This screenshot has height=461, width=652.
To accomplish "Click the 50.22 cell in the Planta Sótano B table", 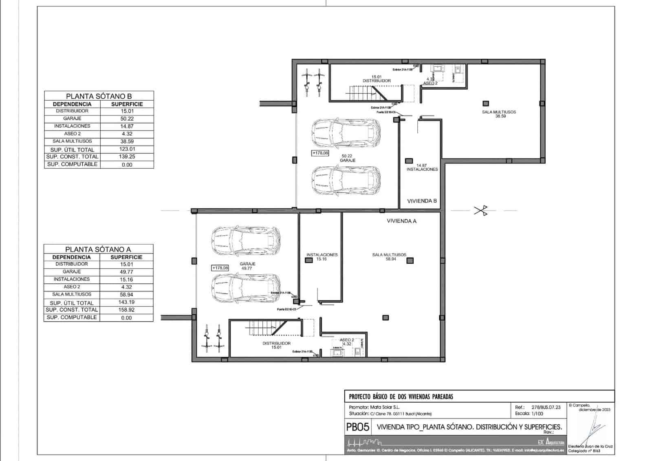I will pos(127,119).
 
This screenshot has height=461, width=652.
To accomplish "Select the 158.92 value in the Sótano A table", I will pos(126,310).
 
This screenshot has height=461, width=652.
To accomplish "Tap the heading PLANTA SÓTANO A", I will pos(98,249).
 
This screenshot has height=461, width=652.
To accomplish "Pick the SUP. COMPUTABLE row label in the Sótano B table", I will pos(72,164).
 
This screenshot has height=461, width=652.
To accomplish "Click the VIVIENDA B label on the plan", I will pos(422,201).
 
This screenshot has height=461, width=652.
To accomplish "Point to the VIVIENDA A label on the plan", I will pos(401,221).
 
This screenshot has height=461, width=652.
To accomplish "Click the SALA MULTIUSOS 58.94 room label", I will pos(389,256).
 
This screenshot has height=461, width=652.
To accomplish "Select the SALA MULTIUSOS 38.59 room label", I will pos(499,114).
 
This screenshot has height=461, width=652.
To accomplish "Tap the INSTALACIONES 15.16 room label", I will pos(322,256).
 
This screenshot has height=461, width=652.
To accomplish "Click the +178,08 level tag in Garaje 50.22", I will pos(320,153).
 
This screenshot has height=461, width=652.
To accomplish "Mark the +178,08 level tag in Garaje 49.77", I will pos(220,268).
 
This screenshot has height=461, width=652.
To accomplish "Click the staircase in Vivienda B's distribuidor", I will pos(366,93).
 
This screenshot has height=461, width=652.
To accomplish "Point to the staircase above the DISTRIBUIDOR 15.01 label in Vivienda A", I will pos(267,328).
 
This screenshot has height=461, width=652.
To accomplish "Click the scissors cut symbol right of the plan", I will pos(480,211).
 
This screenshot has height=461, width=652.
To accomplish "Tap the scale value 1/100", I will pos(537,413).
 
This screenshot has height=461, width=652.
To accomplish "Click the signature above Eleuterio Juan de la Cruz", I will pos(595,430).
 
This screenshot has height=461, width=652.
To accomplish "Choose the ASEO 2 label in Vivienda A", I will pos(347,342).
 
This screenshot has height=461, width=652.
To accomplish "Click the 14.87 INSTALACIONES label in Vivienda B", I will pos(422,167).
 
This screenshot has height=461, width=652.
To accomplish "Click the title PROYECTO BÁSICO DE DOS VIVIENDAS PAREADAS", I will pos(401,396).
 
